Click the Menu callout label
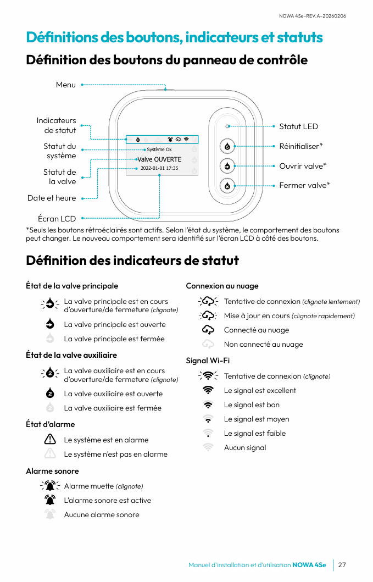point(66,85)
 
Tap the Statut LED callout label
point(298,126)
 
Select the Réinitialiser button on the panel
point(227,146)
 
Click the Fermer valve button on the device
point(227,186)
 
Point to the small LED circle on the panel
point(227,126)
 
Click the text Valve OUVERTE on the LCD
point(159,159)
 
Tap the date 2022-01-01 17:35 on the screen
point(159,168)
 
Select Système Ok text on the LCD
point(159,149)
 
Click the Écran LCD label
point(57,219)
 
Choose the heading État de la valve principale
point(72,286)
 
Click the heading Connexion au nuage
point(222,286)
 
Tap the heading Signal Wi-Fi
point(208,361)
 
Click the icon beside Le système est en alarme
point(50,440)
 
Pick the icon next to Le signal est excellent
point(208,390)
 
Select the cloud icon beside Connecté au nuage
point(208,330)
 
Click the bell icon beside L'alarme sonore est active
point(50,500)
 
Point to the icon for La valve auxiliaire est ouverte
point(50,393)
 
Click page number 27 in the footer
point(342,565)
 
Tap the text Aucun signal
point(245,447)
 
